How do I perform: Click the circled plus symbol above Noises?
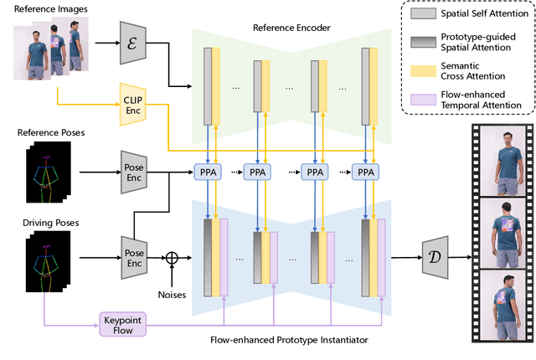(x=173, y=257)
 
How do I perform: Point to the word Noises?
(x=173, y=293)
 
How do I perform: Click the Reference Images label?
(x=45, y=8)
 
